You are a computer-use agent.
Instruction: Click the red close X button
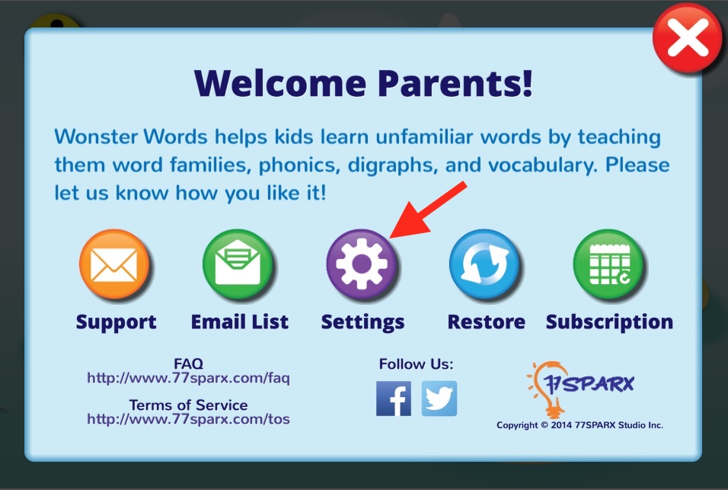click(687, 38)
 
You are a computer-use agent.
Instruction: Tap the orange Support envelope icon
click(114, 264)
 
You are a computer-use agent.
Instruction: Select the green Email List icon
click(238, 264)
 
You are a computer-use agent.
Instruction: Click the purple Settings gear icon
click(362, 264)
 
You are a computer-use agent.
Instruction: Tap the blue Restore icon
click(485, 264)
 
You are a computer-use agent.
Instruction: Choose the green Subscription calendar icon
click(608, 264)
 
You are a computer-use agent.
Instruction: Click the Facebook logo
click(394, 399)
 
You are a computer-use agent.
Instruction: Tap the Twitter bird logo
click(439, 399)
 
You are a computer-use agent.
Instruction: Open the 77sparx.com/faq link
click(189, 378)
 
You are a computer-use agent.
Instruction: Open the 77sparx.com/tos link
click(189, 419)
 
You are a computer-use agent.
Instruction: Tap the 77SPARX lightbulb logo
click(581, 389)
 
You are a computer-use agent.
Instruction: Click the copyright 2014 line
click(580, 425)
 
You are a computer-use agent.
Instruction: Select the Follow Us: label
click(416, 364)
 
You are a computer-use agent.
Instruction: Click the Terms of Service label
click(189, 405)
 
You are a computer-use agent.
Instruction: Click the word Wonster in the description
click(96, 137)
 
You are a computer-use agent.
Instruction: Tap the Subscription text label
click(610, 322)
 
